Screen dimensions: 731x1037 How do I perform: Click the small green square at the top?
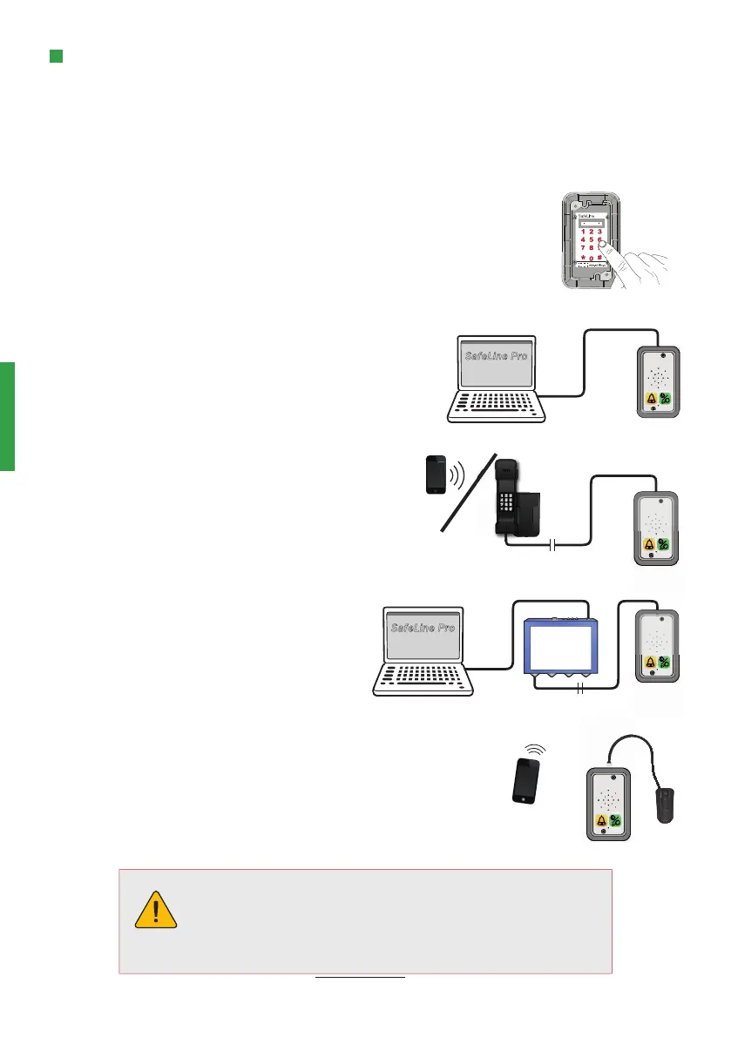coord(56,57)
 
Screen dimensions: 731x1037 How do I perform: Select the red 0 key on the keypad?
coord(592,258)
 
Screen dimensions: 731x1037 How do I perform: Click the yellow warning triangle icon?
coord(157,910)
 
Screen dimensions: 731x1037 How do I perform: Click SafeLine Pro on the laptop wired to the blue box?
coord(422,628)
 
